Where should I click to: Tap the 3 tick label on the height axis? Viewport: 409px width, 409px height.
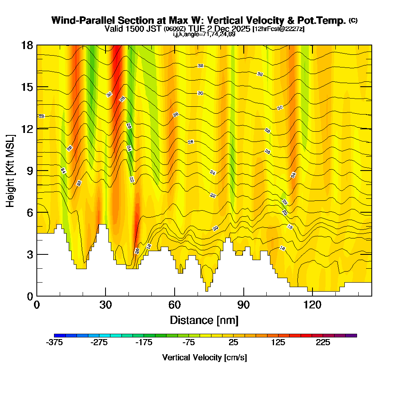30,254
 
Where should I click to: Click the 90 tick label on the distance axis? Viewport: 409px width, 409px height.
244,305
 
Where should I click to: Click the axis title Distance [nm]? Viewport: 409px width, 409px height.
204,320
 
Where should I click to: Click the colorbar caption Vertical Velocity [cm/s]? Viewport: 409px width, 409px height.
204,358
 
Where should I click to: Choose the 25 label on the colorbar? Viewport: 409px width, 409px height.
233,343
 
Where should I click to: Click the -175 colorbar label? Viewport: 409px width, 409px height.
144,343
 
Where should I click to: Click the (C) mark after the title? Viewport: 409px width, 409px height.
353,20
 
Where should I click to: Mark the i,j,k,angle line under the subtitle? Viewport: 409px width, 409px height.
204,34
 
